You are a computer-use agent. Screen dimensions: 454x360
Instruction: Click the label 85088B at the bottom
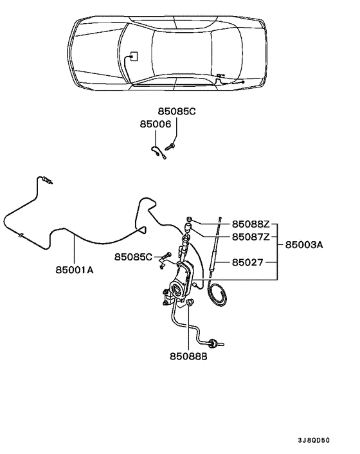188,354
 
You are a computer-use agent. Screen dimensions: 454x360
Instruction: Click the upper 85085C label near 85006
177,111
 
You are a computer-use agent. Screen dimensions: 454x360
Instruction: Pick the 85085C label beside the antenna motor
134,257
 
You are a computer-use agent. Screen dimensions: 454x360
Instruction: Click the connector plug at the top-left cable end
47,181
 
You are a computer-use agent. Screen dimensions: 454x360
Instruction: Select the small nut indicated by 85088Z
191,219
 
